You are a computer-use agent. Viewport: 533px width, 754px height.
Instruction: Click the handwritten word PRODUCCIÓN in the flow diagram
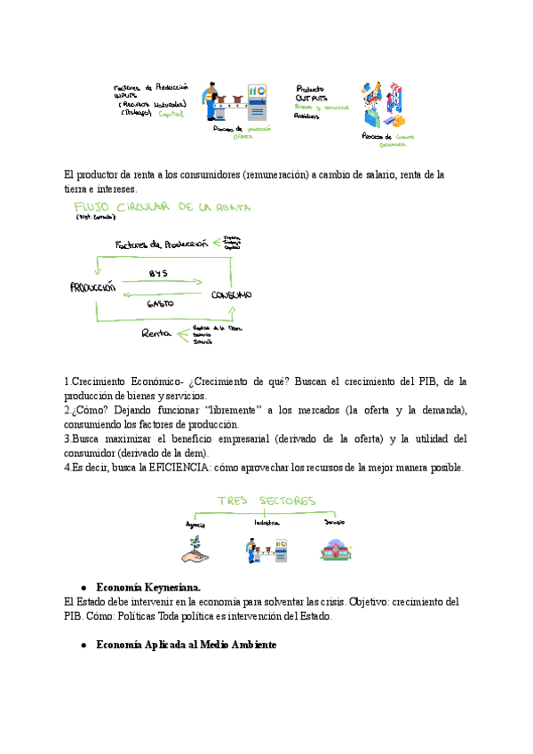pyautogui.click(x=92, y=287)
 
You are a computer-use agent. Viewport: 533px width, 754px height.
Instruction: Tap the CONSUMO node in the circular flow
pyautogui.click(x=231, y=294)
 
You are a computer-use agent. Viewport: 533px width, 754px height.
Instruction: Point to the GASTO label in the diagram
pyautogui.click(x=161, y=304)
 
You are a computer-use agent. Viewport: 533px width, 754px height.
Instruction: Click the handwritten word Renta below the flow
pyautogui.click(x=155, y=333)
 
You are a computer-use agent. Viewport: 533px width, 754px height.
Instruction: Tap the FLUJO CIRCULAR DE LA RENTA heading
pyautogui.click(x=162, y=208)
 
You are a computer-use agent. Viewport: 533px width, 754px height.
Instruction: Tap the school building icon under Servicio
pyautogui.click(x=335, y=549)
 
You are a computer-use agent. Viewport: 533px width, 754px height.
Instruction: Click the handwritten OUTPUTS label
pyautogui.click(x=313, y=98)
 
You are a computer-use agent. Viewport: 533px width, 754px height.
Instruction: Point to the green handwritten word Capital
pyautogui.click(x=171, y=114)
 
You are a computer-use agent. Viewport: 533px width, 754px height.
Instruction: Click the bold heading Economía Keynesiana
pyautogui.click(x=148, y=588)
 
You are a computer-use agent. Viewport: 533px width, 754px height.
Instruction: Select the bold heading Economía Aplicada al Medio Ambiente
pyautogui.click(x=187, y=645)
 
